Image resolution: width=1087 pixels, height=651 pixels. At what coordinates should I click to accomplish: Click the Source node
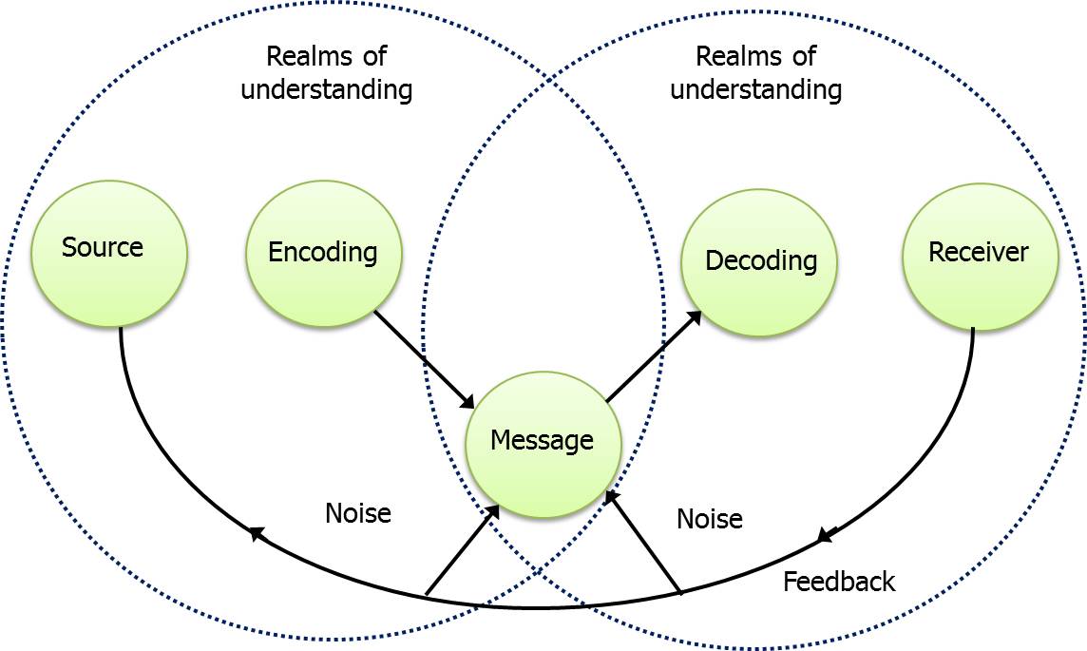click(x=109, y=255)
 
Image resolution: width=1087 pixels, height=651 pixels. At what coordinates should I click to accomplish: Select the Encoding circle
click(x=324, y=255)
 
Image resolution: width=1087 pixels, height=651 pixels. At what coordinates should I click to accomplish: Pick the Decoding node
click(x=759, y=262)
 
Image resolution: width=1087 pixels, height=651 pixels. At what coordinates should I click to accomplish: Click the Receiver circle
click(x=980, y=257)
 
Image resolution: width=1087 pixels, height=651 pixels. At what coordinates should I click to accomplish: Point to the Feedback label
click(x=838, y=582)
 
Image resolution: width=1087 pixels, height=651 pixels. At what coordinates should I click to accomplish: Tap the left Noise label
click(x=358, y=513)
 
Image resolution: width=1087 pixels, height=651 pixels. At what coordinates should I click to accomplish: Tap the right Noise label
click(x=709, y=519)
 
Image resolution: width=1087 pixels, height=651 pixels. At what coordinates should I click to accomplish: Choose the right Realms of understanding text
click(x=755, y=73)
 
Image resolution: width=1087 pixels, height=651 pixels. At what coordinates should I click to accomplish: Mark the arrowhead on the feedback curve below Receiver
click(x=826, y=537)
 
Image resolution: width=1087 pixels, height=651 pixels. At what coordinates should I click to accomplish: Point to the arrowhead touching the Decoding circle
click(x=695, y=317)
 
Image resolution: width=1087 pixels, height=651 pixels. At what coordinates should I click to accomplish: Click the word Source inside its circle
click(x=102, y=248)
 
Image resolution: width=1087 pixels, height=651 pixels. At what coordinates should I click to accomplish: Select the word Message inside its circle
click(x=542, y=440)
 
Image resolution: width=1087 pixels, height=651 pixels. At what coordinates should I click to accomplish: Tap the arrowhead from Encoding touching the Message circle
click(x=467, y=402)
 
